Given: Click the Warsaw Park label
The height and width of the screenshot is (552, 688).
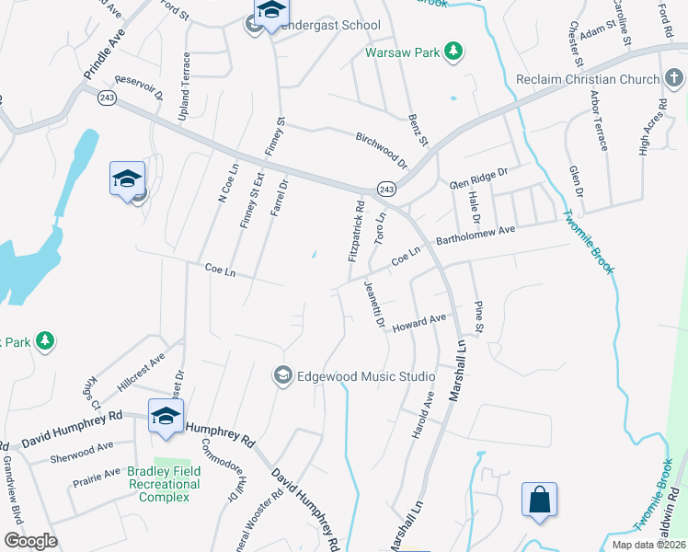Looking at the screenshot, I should pyautogui.click(x=402, y=52).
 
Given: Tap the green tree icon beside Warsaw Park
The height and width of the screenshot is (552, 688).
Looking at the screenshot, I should pyautogui.click(x=453, y=51).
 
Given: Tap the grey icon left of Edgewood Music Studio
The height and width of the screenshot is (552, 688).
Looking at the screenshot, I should pyautogui.click(x=282, y=376).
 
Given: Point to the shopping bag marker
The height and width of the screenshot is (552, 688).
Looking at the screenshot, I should pyautogui.click(x=540, y=500).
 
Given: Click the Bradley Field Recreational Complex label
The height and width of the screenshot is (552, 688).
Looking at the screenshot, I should pyautogui.click(x=165, y=485).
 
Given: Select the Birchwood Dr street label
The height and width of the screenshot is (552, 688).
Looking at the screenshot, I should pyautogui.click(x=381, y=149).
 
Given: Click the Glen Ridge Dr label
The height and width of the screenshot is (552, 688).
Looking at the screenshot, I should pyautogui.click(x=478, y=177).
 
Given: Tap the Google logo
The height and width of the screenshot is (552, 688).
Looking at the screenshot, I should pyautogui.click(x=31, y=541).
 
